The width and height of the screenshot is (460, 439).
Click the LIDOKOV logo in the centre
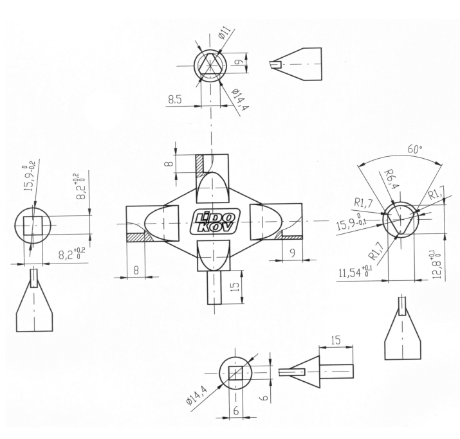215,222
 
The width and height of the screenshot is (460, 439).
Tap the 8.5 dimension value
175,100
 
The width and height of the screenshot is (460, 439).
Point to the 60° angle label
414,150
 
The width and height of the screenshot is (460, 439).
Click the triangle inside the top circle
210,64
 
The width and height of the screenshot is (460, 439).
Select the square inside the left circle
33,226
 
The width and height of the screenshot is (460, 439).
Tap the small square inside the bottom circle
235,373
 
